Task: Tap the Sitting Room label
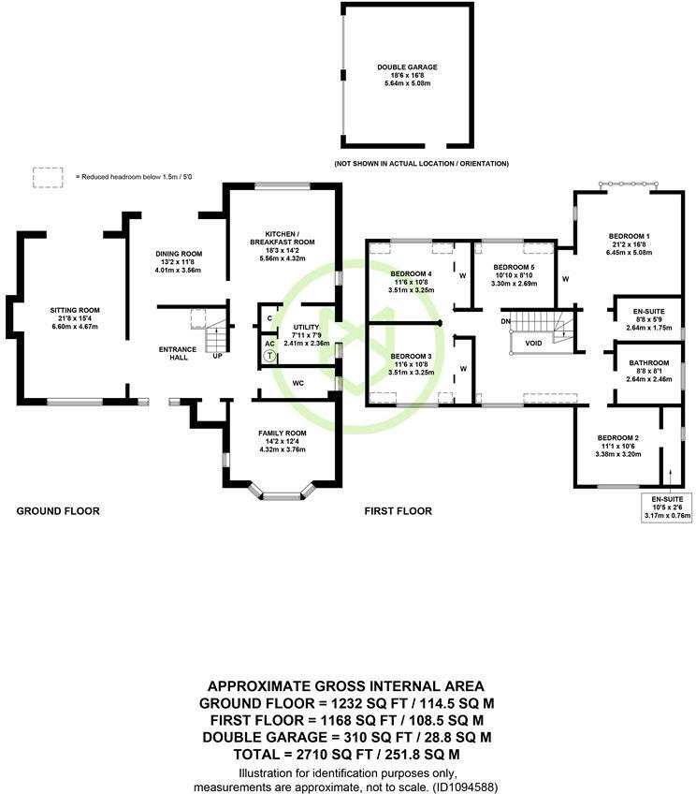[75, 310]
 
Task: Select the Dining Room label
[178, 254]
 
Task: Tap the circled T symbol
[268, 356]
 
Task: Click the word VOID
[534, 344]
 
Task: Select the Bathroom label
[648, 362]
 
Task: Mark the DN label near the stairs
[506, 322]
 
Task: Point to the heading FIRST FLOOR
[398, 511]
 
